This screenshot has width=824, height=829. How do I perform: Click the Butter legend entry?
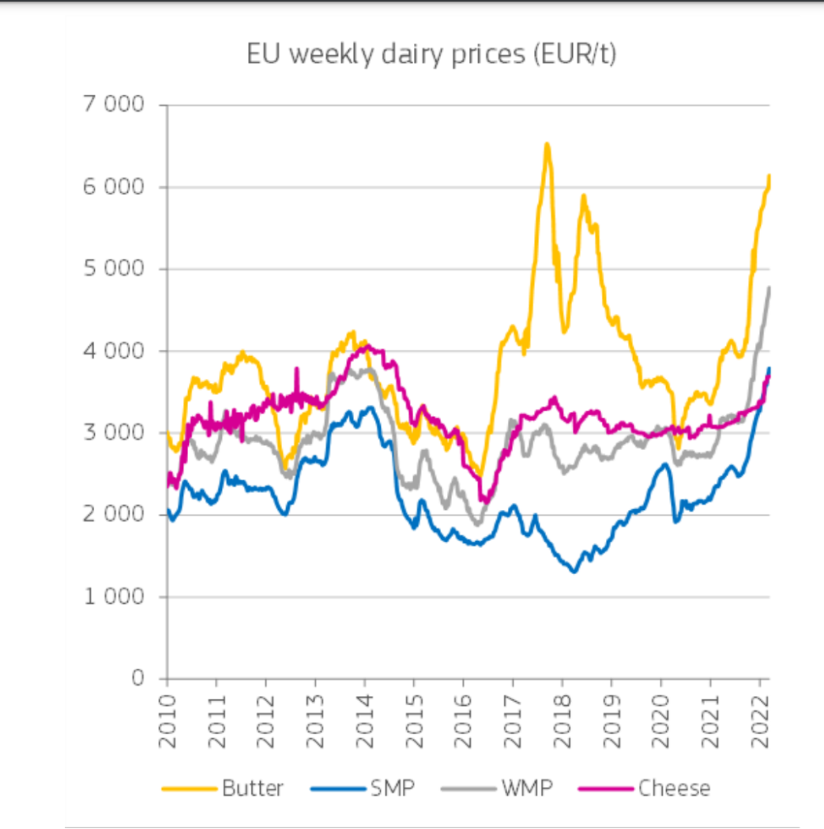tap(252, 788)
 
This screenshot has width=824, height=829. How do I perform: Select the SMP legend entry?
tap(392, 788)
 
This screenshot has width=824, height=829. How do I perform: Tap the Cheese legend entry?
tap(673, 788)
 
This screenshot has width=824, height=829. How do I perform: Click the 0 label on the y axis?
tap(139, 678)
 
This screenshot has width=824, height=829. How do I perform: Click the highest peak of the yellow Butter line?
tap(547, 144)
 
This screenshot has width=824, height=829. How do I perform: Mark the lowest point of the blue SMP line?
tap(574, 572)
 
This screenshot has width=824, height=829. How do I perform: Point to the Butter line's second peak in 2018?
tap(583, 195)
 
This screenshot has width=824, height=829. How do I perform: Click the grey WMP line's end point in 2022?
tap(769, 287)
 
